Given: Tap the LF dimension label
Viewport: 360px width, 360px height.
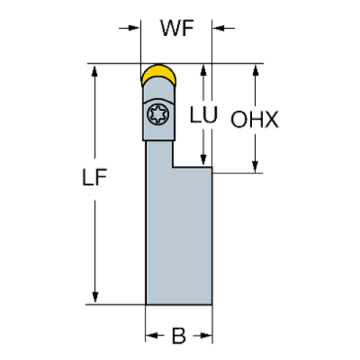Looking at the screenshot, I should pos(96,178).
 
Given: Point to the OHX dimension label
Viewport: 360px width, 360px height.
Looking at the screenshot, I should pos(255,120).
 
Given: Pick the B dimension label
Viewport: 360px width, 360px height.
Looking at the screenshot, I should pos(179,336).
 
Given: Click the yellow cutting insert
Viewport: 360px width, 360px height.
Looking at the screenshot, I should pos(159,73).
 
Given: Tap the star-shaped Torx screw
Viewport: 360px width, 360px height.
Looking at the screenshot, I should pos(156,115).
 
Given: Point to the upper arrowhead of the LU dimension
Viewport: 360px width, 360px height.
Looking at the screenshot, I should pos(205,71).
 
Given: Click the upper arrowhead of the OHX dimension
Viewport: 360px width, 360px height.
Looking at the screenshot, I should pos(255,71).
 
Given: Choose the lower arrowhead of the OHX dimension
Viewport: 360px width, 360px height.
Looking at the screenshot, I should pos(255,167).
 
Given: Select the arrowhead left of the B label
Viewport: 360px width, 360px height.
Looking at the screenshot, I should pos(152,336).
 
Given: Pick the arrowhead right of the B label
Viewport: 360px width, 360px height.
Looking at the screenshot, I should pos(206,336).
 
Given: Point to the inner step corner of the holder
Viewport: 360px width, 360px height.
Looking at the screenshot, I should pos(173,167).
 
